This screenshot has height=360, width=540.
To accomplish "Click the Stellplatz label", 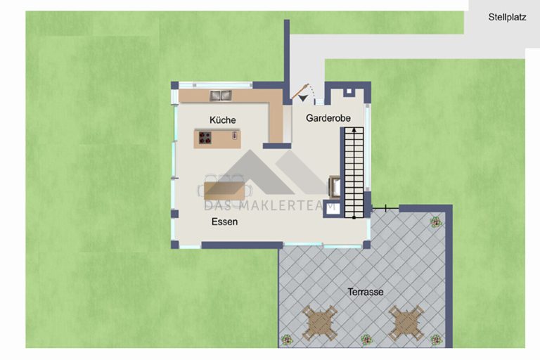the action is point(507,17).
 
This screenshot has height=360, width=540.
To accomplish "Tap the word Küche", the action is point(222,120).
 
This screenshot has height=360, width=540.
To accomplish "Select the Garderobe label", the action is point(328,118).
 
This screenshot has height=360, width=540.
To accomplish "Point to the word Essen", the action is point(224,221).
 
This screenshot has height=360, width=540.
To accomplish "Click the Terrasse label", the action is point(366,292).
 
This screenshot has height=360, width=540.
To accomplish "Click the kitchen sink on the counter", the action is point(221,96).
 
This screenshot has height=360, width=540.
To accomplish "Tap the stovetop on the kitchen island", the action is point(205,138).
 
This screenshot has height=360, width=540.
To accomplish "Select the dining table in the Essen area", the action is point(224,191).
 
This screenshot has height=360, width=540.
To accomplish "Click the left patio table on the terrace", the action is point(320,323).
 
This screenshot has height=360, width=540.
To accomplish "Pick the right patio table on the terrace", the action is point(406,323).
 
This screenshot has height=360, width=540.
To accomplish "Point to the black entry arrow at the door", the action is point(303,98).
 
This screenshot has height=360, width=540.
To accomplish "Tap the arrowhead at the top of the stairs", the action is point(354,130).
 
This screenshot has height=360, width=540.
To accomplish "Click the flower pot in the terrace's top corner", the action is point(436,222).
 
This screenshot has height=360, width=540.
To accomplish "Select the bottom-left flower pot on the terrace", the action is point(287,340).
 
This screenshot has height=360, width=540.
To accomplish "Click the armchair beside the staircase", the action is point(335,186).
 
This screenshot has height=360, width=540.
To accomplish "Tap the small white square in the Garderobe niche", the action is point(349,91).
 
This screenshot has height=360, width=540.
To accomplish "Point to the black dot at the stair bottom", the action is point(354,217).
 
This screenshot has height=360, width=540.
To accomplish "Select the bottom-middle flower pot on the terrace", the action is point(366,340).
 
